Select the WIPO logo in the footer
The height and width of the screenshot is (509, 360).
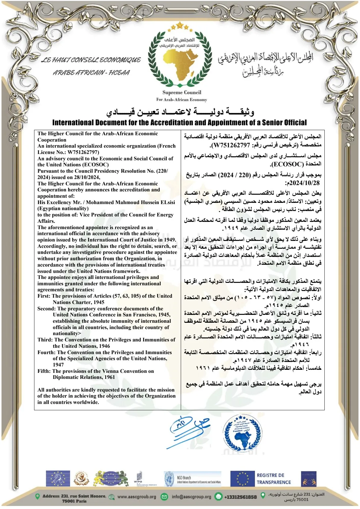[138, 479]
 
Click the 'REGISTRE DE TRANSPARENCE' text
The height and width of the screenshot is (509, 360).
[274, 479]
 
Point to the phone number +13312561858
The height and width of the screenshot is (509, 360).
[240, 497]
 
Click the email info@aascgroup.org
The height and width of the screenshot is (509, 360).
[191, 497]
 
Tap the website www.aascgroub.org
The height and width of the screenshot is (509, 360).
[137, 497]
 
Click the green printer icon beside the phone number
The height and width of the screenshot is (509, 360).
[218, 497]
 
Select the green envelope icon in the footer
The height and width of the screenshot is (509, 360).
[164, 497]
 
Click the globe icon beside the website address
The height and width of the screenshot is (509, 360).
[112, 497]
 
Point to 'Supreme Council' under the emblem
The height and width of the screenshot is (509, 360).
[182, 93]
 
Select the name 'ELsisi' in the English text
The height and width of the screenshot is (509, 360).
[166, 202]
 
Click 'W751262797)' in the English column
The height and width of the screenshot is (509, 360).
[84, 152]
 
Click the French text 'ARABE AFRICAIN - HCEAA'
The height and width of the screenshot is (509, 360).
[91, 73]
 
